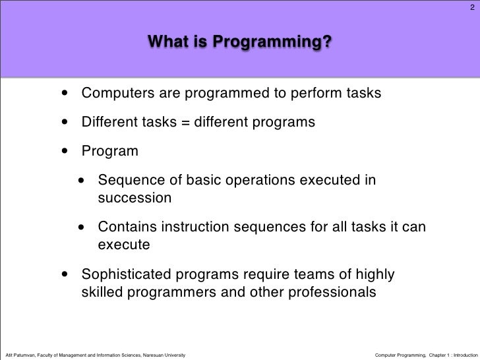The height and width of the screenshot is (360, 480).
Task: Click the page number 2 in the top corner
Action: click(x=471, y=8)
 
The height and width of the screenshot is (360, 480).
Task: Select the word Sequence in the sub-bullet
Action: click(x=128, y=180)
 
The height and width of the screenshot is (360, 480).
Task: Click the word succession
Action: click(x=135, y=198)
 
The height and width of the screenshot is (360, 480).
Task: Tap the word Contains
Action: click(x=127, y=227)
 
